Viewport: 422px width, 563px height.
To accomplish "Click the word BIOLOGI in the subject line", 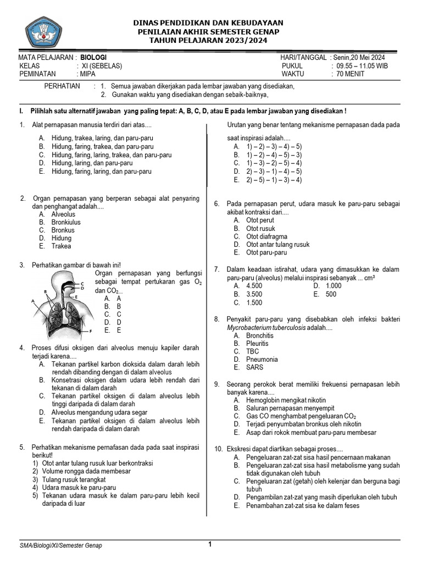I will coord(93,57).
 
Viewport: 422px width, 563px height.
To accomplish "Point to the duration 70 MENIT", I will coord(348,74).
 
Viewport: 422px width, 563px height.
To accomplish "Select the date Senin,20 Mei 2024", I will coord(358,57).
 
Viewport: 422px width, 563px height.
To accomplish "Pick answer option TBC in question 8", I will coord(252,351).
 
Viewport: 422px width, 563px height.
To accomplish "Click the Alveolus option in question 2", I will coord(63,214).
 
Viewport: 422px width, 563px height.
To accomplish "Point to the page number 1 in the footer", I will coord(209,544).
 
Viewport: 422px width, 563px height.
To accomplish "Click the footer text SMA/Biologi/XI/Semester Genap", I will coord(60,545).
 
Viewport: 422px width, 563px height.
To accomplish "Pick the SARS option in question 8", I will coord(254,367).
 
